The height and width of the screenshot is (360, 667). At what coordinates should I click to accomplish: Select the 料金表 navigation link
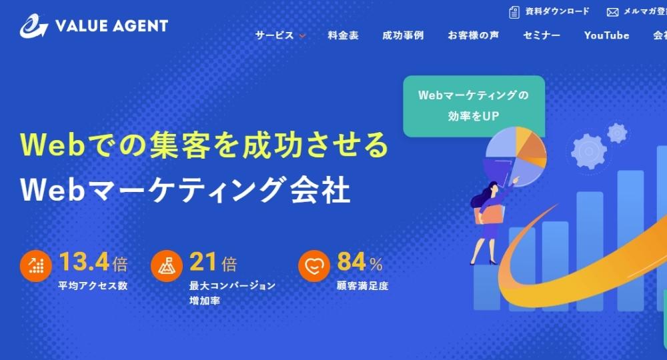point(343,35)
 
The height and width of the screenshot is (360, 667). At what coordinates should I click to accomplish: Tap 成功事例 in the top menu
point(403,35)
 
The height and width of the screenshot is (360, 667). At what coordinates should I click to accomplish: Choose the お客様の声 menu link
point(473,35)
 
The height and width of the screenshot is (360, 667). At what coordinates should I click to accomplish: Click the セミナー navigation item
point(542,35)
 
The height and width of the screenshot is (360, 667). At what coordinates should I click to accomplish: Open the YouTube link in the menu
point(606,35)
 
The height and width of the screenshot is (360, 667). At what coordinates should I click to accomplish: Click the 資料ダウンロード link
point(557,11)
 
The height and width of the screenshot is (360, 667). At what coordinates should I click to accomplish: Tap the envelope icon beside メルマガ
point(612,12)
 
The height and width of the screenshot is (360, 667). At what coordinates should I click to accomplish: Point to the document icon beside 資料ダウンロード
point(514,12)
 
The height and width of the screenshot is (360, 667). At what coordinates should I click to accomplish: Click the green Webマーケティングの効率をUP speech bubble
point(474,106)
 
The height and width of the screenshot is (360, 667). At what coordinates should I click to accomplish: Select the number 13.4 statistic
point(84,261)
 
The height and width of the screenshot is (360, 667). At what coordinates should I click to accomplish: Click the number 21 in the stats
point(203,261)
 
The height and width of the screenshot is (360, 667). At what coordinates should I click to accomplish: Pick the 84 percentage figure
point(352,261)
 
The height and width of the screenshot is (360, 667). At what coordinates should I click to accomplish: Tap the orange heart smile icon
point(314,266)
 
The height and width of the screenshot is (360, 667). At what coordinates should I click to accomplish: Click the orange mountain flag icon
point(167,266)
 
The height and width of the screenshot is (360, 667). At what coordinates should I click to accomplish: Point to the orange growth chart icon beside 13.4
point(36,266)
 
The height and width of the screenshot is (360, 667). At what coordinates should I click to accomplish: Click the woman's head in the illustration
point(492,187)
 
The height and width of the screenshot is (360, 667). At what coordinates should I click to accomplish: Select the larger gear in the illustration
point(589,151)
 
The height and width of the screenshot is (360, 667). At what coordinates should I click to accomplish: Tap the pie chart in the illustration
point(516,157)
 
